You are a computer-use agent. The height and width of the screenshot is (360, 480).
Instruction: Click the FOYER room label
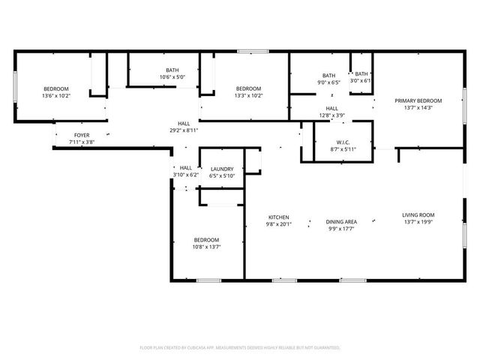pyautogui.click(x=81, y=135)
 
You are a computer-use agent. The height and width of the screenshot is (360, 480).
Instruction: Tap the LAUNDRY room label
pyautogui.click(x=222, y=169)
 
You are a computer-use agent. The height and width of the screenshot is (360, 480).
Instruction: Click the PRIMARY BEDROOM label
pyautogui.click(x=418, y=101)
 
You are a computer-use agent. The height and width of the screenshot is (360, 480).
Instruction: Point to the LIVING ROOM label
pyautogui.click(x=418, y=215)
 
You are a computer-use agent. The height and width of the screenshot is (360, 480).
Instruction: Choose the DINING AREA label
pyautogui.click(x=340, y=222)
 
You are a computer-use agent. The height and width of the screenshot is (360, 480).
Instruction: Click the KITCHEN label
pyautogui.click(x=278, y=218)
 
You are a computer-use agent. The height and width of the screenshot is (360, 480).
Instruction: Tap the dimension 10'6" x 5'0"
pyautogui.click(x=172, y=77)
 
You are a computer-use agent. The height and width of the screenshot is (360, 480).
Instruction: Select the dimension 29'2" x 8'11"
pyautogui.click(x=184, y=130)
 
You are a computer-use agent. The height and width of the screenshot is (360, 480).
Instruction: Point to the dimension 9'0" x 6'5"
pyautogui.click(x=329, y=82)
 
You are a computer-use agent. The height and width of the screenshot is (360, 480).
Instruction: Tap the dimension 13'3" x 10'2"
pyautogui.click(x=248, y=96)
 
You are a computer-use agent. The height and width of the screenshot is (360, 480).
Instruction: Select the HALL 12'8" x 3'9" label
pyautogui.click(x=332, y=112)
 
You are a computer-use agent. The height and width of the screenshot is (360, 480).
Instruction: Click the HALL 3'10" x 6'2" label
pyautogui.click(x=185, y=172)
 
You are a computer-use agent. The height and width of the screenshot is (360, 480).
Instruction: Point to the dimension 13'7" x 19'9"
pyautogui.click(x=418, y=222)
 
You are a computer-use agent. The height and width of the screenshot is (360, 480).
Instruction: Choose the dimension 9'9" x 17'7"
pyautogui.click(x=340, y=229)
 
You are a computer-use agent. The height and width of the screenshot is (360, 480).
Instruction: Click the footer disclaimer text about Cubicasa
pyautogui.click(x=240, y=348)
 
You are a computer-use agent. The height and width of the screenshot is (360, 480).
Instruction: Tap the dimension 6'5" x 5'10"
pyautogui.click(x=222, y=176)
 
